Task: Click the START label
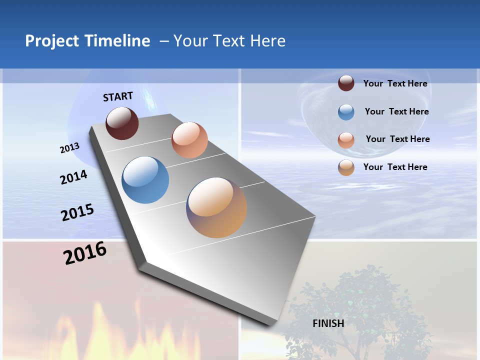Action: click(118, 96)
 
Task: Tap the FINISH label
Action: click(328, 323)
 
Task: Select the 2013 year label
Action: click(69, 148)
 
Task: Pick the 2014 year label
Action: click(73, 177)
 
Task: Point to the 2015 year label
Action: click(77, 212)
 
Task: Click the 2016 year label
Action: click(85, 252)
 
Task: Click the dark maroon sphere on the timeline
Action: click(122, 123)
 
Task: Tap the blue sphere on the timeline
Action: click(145, 180)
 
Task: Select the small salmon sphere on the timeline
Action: click(189, 140)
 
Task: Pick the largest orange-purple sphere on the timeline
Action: click(216, 207)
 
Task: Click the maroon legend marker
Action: click(346, 83)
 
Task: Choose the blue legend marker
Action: click(346, 112)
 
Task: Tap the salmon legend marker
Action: click(346, 140)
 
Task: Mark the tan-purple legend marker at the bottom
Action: click(346, 167)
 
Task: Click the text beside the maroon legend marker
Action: click(395, 83)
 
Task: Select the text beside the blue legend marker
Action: click(396, 111)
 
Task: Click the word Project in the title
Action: click(52, 41)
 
